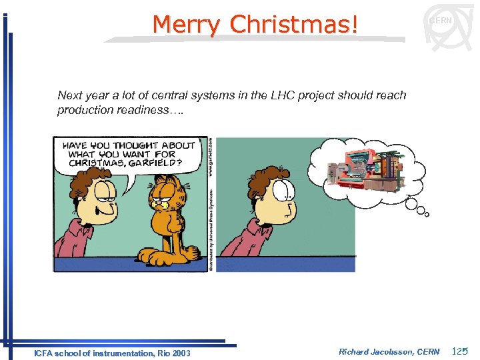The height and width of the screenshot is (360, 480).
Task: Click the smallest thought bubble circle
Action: coord(427,214)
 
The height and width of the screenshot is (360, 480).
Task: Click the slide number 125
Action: coord(460,351)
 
